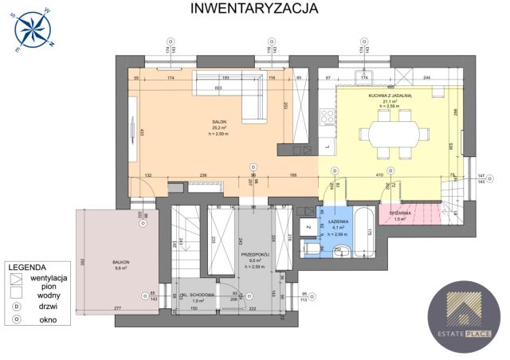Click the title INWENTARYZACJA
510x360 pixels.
[254, 9]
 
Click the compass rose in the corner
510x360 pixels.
[33, 31]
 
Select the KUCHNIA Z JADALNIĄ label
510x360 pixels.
[390, 96]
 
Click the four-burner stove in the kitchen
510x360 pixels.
[327, 118]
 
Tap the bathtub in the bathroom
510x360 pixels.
[365, 231]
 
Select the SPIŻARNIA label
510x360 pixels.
[400, 214]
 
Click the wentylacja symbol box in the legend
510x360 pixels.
[16, 278]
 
